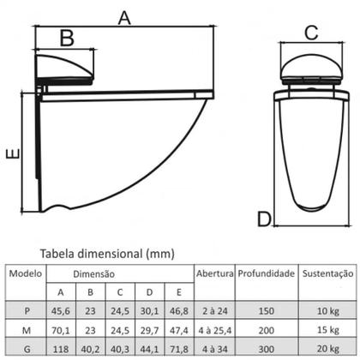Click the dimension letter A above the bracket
(x=124, y=18)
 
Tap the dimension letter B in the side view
(x=67, y=38)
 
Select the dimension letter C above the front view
(x=311, y=33)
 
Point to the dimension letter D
(x=264, y=219)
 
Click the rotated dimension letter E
(x=14, y=153)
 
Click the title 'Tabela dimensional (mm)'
(x=107, y=254)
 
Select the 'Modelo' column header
(x=26, y=273)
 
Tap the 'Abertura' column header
(x=215, y=273)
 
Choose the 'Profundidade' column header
(x=267, y=273)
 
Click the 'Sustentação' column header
(x=327, y=273)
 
